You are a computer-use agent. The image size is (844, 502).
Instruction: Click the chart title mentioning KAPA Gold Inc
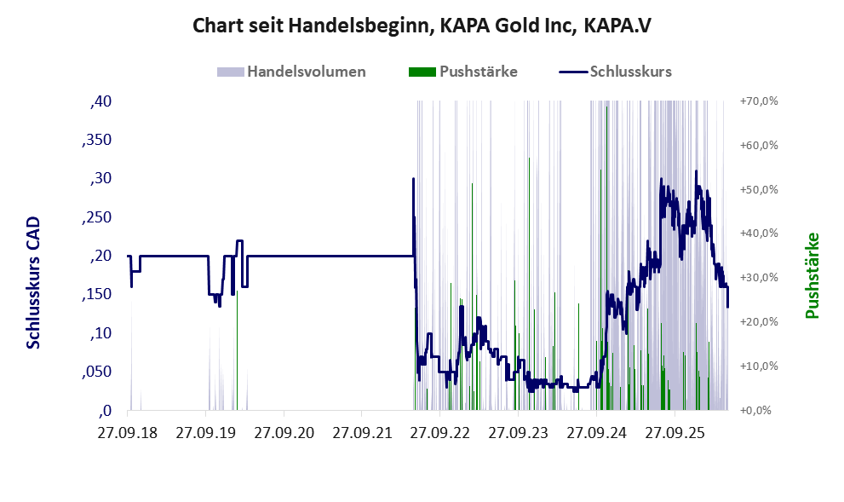[x=422, y=26]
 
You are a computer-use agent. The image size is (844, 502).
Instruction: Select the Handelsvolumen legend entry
[x=291, y=72]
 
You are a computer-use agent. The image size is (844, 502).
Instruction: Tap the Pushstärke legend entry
[x=463, y=72]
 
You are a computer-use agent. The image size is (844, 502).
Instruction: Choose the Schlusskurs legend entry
[x=615, y=72]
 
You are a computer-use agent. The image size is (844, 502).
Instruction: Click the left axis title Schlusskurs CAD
[x=33, y=283]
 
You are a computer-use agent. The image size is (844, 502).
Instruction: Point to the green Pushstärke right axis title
[x=812, y=275]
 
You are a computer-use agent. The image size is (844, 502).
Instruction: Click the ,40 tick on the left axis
[x=101, y=101]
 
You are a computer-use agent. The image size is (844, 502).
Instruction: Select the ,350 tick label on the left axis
[x=97, y=140]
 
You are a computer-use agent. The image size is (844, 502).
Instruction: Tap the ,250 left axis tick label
[x=97, y=217]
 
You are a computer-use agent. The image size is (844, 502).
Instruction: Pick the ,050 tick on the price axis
[x=97, y=372]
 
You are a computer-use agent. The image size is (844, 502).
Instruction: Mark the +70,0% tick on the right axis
[x=759, y=101]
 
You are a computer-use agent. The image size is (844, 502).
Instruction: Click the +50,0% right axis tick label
[x=759, y=189]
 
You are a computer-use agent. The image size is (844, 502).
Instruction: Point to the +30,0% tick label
[x=759, y=277]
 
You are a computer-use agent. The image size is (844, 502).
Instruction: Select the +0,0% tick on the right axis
[x=759, y=411]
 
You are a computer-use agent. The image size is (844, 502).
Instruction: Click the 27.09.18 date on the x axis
[x=128, y=432]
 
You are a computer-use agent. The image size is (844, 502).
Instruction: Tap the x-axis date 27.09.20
[x=284, y=432]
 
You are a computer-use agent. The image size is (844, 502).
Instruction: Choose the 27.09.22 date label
[x=439, y=432]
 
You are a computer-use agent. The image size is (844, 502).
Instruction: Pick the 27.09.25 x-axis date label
[x=675, y=432]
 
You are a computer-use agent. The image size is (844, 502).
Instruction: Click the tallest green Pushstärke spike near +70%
[x=607, y=258]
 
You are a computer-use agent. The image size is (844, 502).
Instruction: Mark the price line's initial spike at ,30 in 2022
[x=413, y=179]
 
